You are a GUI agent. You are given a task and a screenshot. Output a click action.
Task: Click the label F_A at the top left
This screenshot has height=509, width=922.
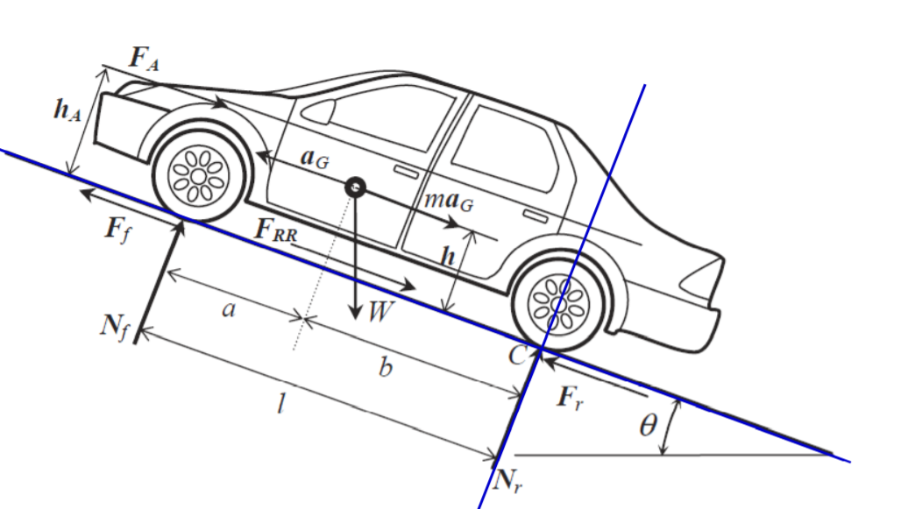pos(144,59)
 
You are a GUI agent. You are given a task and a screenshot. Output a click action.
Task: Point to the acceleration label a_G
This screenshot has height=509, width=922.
pos(313,158)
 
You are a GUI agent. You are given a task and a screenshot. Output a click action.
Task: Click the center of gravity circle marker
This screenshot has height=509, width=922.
pos(355,186)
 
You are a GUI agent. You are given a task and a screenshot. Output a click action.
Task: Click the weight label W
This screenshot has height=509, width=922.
pos(379,312)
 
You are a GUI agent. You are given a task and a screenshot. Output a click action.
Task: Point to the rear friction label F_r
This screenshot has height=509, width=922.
pos(571,399)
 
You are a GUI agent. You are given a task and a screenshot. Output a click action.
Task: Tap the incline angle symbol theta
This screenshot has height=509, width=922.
pos(648,427)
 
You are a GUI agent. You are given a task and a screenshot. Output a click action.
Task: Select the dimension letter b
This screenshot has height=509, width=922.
pos(385,368)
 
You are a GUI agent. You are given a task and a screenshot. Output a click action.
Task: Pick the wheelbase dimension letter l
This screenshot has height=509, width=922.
pos(281,406)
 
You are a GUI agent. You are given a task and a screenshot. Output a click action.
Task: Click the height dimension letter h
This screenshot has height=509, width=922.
pos(448,257)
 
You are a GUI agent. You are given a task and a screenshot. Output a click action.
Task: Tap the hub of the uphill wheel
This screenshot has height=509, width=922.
pos(198,176)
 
